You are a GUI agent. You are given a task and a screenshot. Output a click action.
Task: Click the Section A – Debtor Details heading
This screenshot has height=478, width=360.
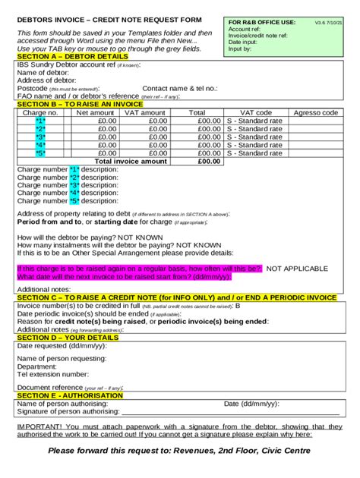(72, 57)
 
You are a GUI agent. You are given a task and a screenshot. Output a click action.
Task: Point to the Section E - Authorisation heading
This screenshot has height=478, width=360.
(69, 395)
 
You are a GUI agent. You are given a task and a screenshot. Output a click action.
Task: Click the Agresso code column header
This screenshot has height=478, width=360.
(316, 112)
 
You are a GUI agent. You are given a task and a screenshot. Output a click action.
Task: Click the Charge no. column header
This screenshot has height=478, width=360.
(40, 112)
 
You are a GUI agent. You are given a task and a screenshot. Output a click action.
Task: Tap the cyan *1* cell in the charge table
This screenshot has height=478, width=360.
(40, 121)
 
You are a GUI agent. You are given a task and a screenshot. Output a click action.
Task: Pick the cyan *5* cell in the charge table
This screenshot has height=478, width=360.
(40, 153)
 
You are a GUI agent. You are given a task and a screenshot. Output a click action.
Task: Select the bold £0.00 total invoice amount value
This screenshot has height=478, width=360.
(208, 162)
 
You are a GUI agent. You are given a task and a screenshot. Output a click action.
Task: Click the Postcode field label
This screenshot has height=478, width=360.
(33, 88)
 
